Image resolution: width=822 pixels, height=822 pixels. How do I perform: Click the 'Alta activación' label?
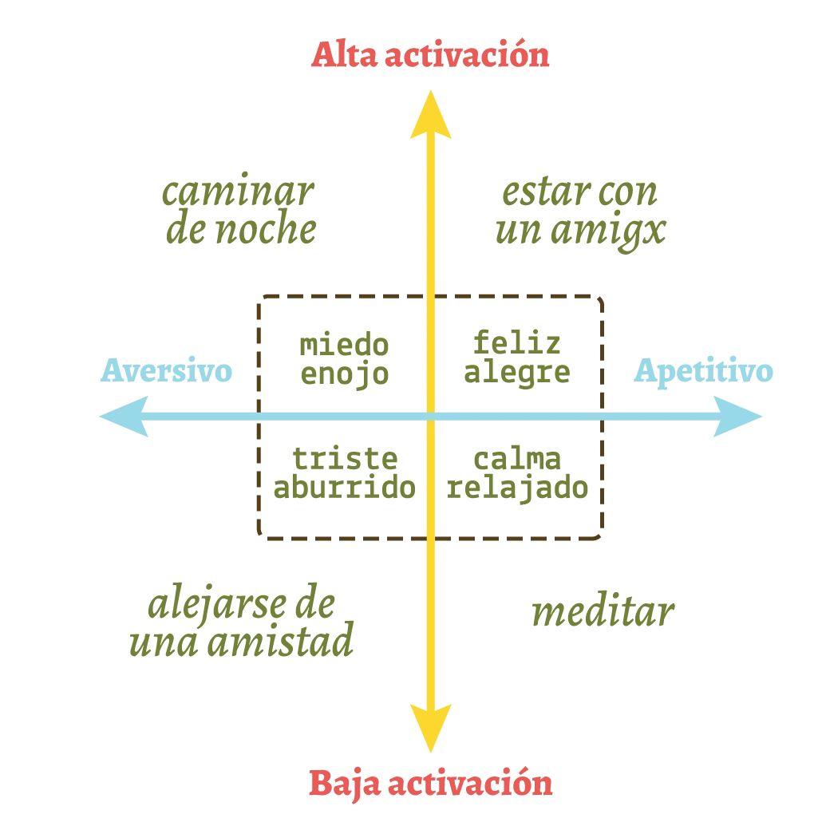(431, 57)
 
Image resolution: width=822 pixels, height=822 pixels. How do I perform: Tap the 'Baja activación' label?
(430, 784)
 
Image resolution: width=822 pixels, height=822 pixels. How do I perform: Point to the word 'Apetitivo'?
(704, 372)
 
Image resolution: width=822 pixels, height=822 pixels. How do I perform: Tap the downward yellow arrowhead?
(431, 726)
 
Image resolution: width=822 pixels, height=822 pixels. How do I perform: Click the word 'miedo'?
(344, 345)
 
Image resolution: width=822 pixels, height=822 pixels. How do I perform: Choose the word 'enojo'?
(344, 373)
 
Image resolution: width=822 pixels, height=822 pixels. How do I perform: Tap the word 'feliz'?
(516, 345)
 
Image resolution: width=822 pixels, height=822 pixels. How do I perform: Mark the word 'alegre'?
(520, 373)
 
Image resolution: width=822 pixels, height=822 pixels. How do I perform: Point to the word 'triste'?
(344, 460)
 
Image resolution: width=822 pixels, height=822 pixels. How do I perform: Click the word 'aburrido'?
(344, 489)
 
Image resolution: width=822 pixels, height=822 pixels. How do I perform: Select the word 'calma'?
(516, 460)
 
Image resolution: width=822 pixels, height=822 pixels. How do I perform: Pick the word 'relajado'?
(520, 489)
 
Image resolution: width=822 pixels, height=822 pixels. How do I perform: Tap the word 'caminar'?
(236, 194)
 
